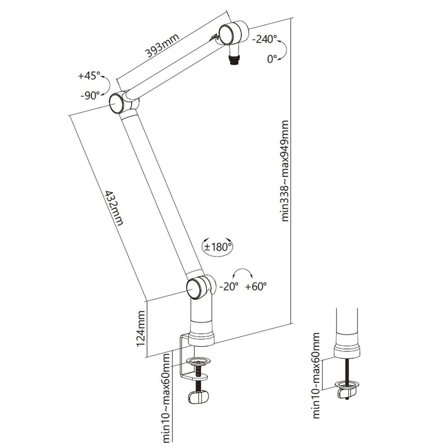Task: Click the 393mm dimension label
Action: (162, 46)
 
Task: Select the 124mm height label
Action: (141, 329)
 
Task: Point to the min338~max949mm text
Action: (285, 171)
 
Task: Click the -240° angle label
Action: (265, 39)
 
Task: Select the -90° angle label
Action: (90, 95)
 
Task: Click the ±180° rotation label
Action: (218, 247)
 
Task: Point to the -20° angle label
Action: (229, 287)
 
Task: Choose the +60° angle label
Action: (256, 287)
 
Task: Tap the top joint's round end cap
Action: (226, 35)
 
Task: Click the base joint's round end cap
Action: (194, 288)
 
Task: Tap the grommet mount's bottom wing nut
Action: (346, 392)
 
